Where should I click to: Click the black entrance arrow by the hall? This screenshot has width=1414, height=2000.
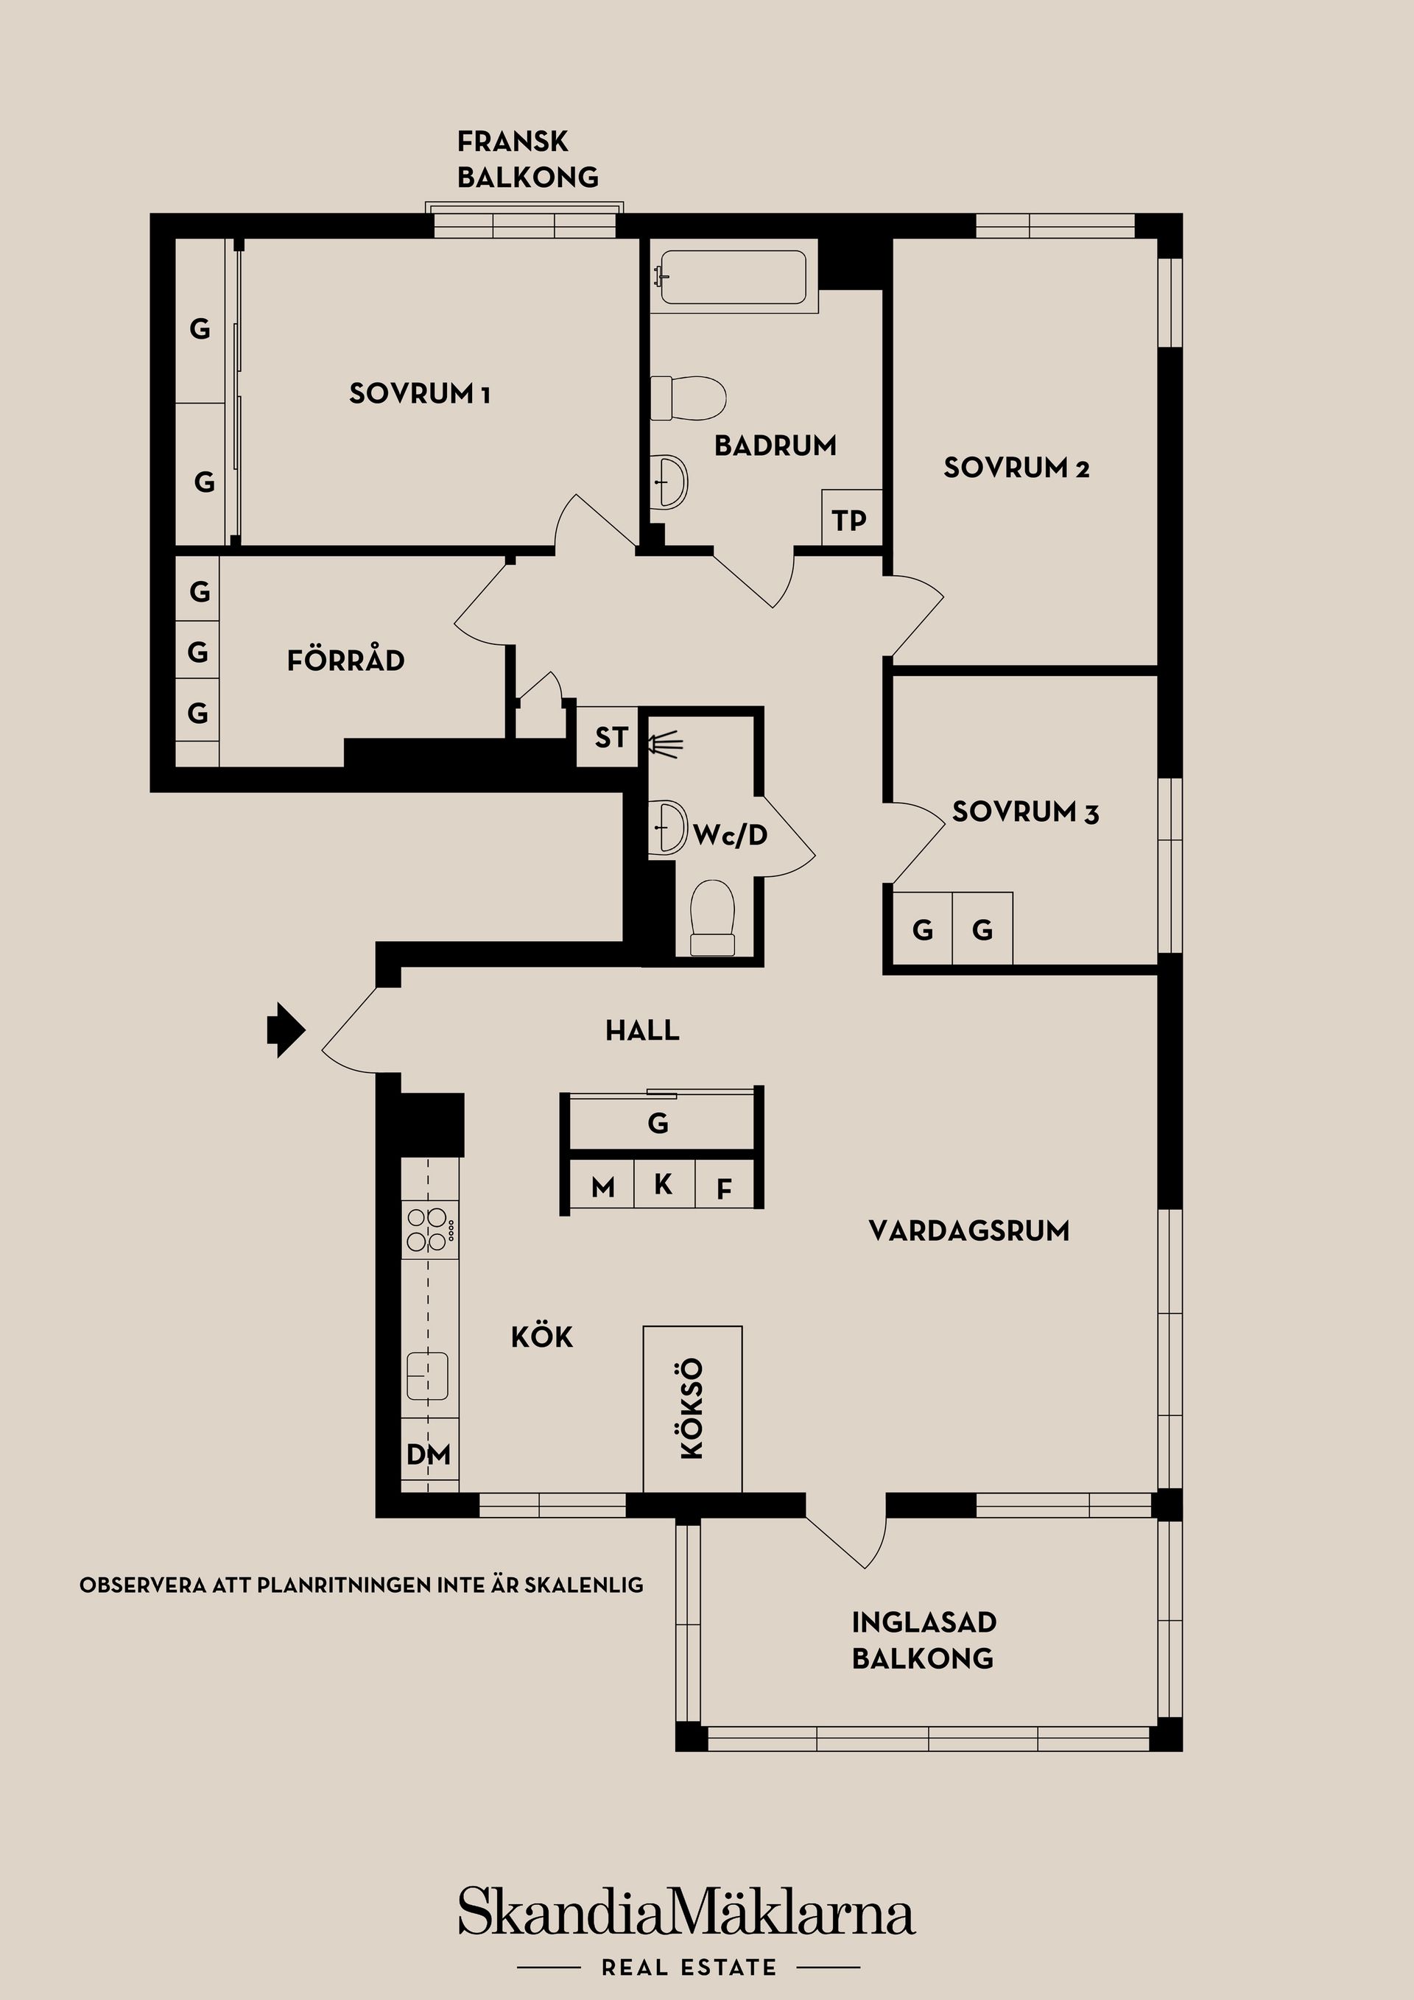[x=286, y=1029]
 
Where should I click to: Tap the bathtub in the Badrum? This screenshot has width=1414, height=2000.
[x=733, y=278]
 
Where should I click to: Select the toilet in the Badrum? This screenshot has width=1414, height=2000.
[x=689, y=398]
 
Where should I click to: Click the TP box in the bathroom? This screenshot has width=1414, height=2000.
[x=848, y=519]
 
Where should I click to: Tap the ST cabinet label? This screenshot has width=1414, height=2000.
[x=610, y=738]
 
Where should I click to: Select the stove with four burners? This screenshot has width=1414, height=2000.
[x=429, y=1228]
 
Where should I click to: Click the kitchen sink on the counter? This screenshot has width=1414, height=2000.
[x=428, y=1376]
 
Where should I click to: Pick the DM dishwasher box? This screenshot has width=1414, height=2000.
[x=429, y=1454]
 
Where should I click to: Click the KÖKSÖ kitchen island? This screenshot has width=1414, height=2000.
[x=692, y=1409]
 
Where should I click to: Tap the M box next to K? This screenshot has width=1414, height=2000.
[x=602, y=1186]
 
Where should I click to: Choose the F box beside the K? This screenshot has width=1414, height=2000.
[x=723, y=1189]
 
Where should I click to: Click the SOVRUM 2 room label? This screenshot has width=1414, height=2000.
[x=1016, y=468]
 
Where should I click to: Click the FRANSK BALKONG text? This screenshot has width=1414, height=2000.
[x=527, y=158]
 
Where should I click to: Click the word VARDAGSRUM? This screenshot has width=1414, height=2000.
[x=968, y=1230]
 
